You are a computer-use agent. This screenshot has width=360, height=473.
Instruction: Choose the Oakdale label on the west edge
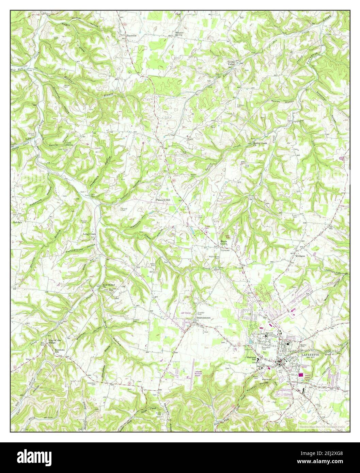(17, 222)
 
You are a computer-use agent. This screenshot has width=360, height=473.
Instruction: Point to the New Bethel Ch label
(108, 286)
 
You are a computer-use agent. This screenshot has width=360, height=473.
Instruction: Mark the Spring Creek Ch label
(260, 144)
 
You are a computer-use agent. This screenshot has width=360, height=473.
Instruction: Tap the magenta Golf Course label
(185, 312)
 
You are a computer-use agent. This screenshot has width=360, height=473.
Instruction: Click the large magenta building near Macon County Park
(301, 375)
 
